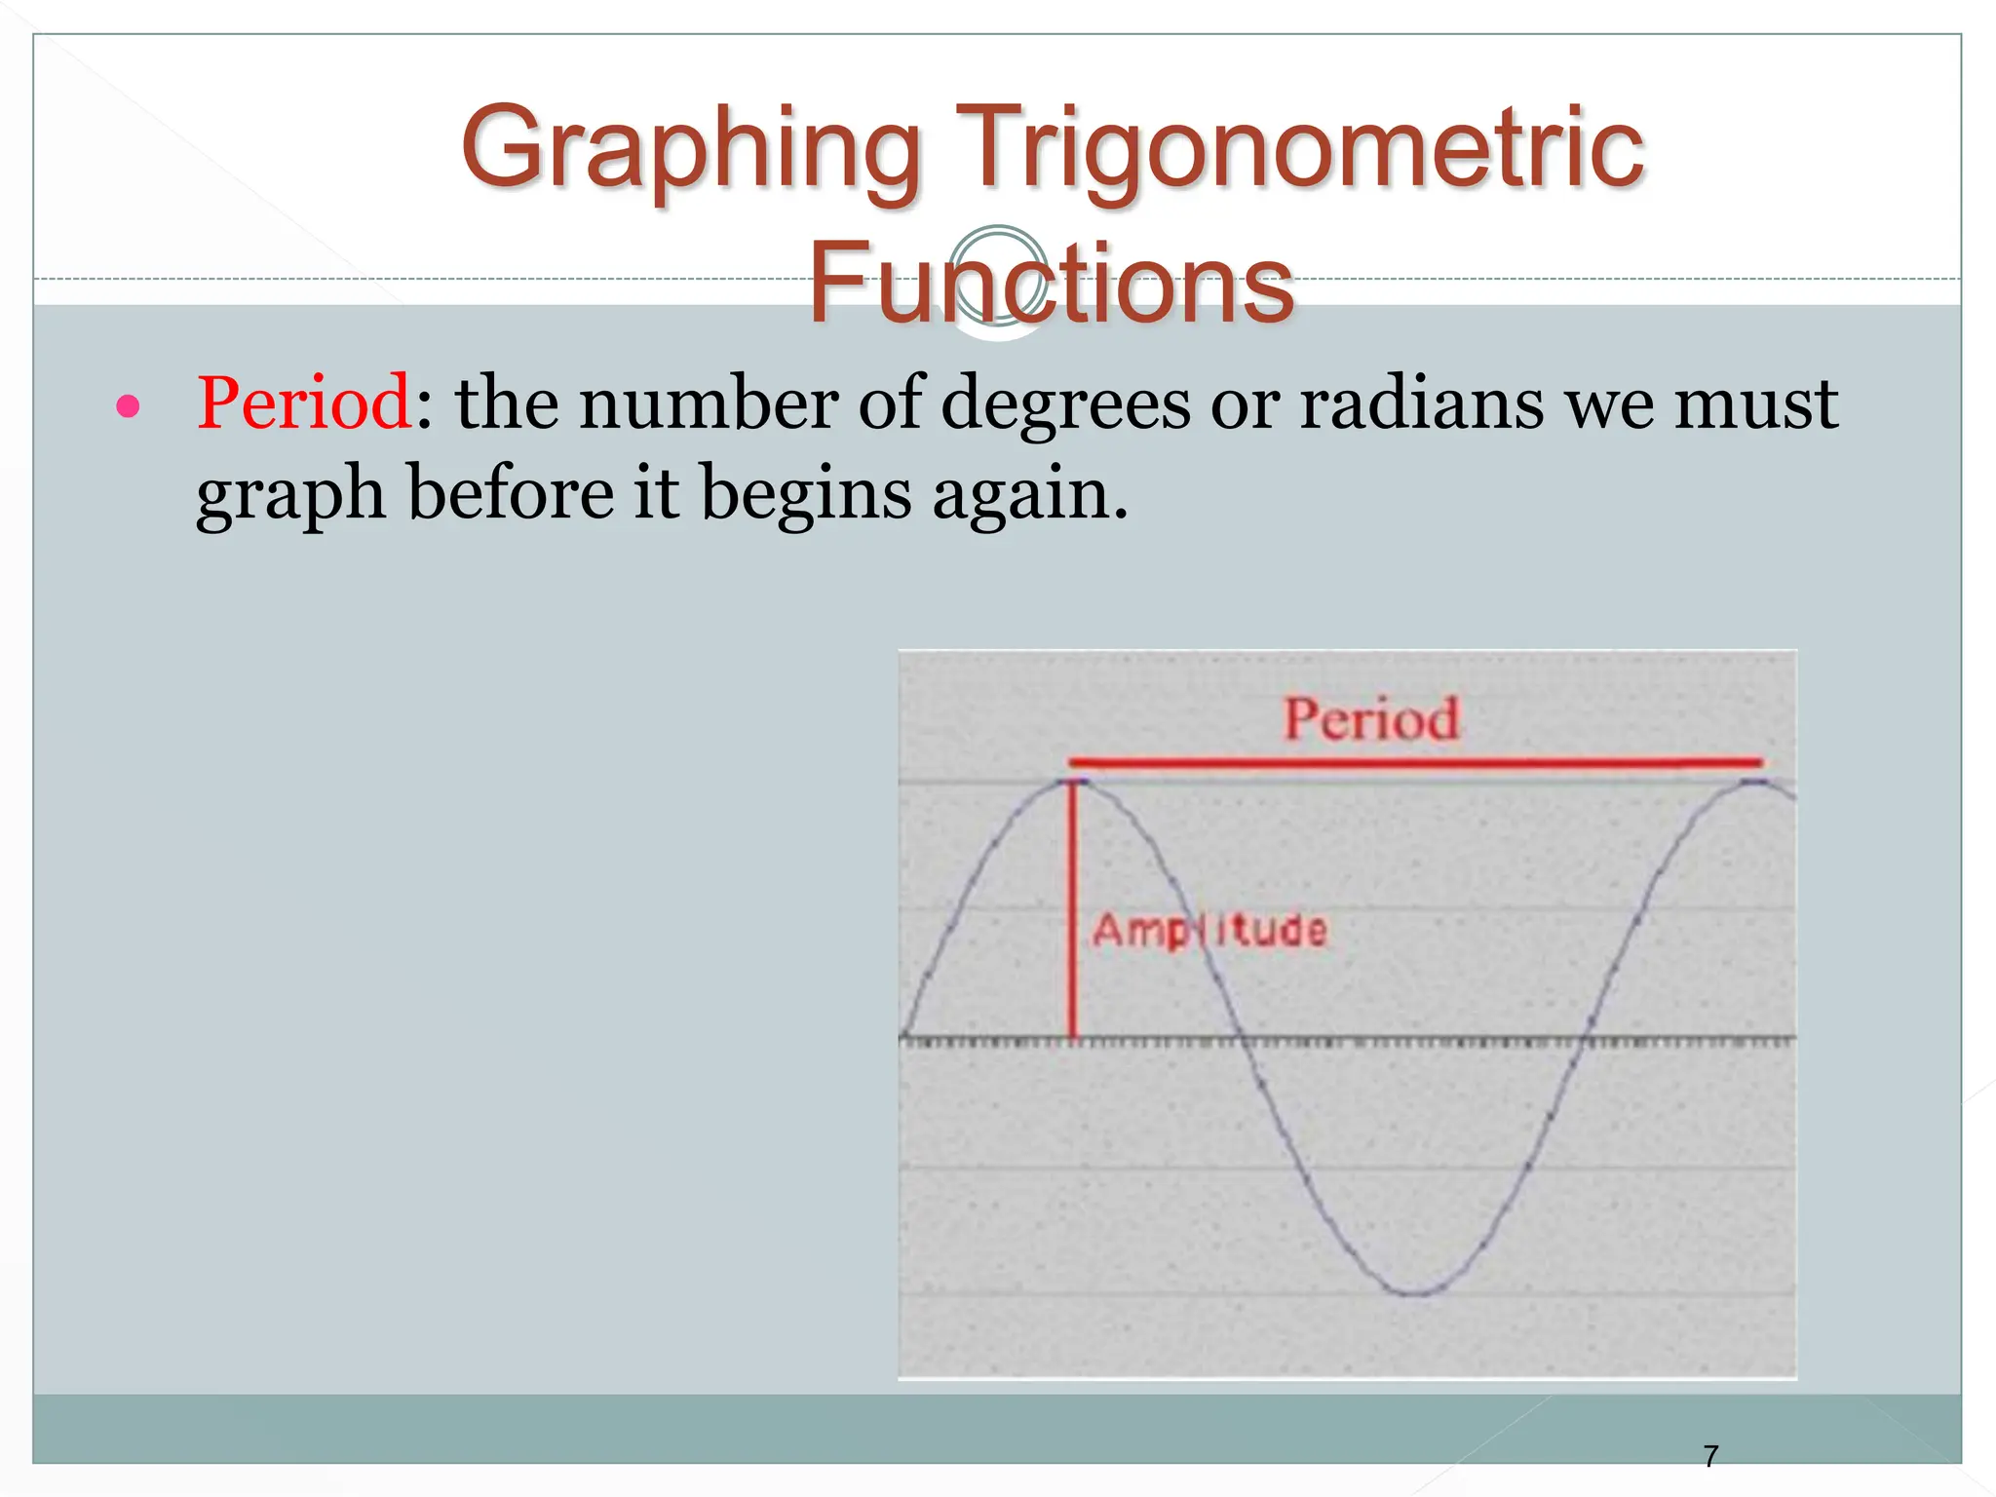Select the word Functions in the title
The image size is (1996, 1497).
1051,284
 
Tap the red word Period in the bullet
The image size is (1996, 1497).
304,403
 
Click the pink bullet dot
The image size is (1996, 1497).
128,405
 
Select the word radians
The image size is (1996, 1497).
1421,403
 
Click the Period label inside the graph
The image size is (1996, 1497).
1370,719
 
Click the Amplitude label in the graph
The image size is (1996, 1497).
1209,930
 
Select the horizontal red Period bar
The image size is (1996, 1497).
1413,762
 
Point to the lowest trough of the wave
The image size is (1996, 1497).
1413,1293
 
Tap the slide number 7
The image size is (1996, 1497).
1710,1456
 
